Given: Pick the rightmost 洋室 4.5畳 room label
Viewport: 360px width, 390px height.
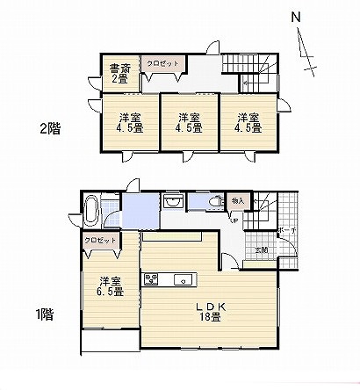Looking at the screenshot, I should [x=247, y=123].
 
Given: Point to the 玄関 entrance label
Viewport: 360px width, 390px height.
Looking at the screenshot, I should [x=262, y=249].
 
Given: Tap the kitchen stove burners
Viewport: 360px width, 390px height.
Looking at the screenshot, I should [x=150, y=280].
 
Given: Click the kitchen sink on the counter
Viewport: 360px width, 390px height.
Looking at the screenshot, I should [x=182, y=280].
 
